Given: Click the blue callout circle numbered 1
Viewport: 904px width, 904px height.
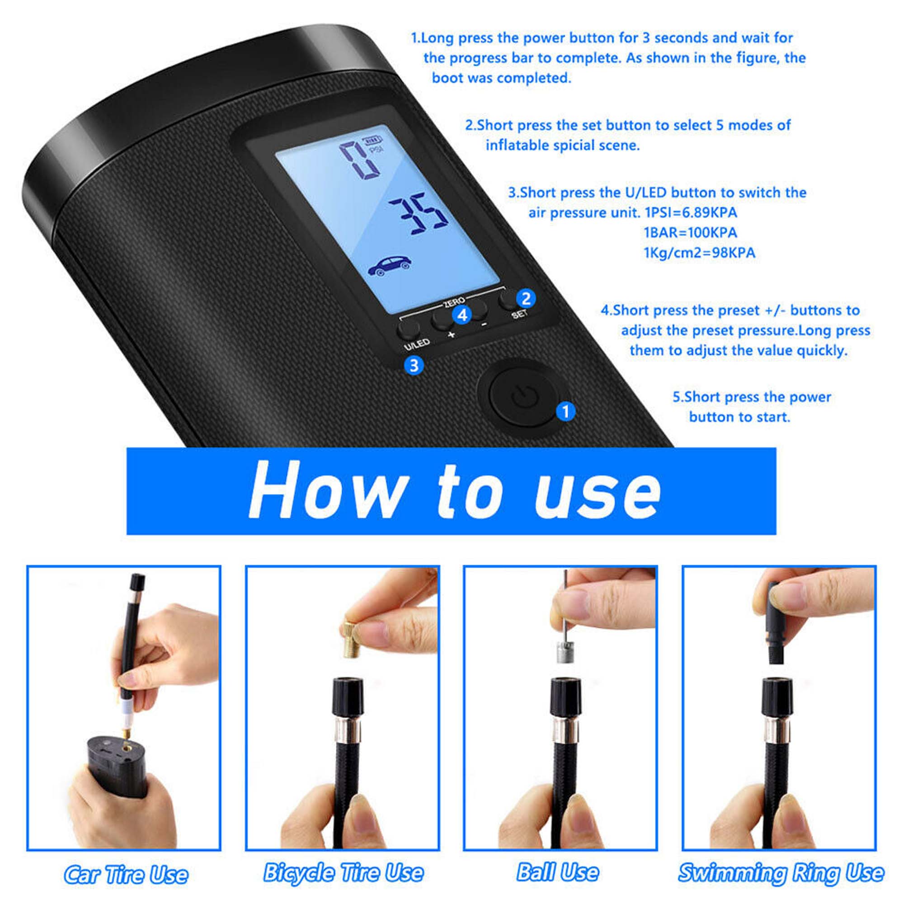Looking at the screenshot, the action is point(566,411).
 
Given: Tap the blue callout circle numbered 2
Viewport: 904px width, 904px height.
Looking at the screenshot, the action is point(526,298).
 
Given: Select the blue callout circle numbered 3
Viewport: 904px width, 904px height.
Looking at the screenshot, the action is point(414,365).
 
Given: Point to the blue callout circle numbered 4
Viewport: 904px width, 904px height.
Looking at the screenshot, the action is point(462,315).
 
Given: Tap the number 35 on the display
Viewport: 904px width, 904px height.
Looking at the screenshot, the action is point(418,212).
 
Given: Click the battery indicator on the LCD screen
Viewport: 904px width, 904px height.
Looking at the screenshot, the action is point(373,139).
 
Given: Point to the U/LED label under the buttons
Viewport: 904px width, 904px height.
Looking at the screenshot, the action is point(416,344).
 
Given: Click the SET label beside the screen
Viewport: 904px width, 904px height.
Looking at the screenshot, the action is point(519,314).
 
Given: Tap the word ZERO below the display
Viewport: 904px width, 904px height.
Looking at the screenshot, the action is point(454,302).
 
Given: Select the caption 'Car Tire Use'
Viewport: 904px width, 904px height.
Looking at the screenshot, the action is point(125,874).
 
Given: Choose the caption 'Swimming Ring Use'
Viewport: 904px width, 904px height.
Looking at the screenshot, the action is point(781,873).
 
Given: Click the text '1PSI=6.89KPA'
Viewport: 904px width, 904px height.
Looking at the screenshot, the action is point(691,212).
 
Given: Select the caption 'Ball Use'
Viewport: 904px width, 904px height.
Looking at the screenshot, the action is point(558,873).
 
